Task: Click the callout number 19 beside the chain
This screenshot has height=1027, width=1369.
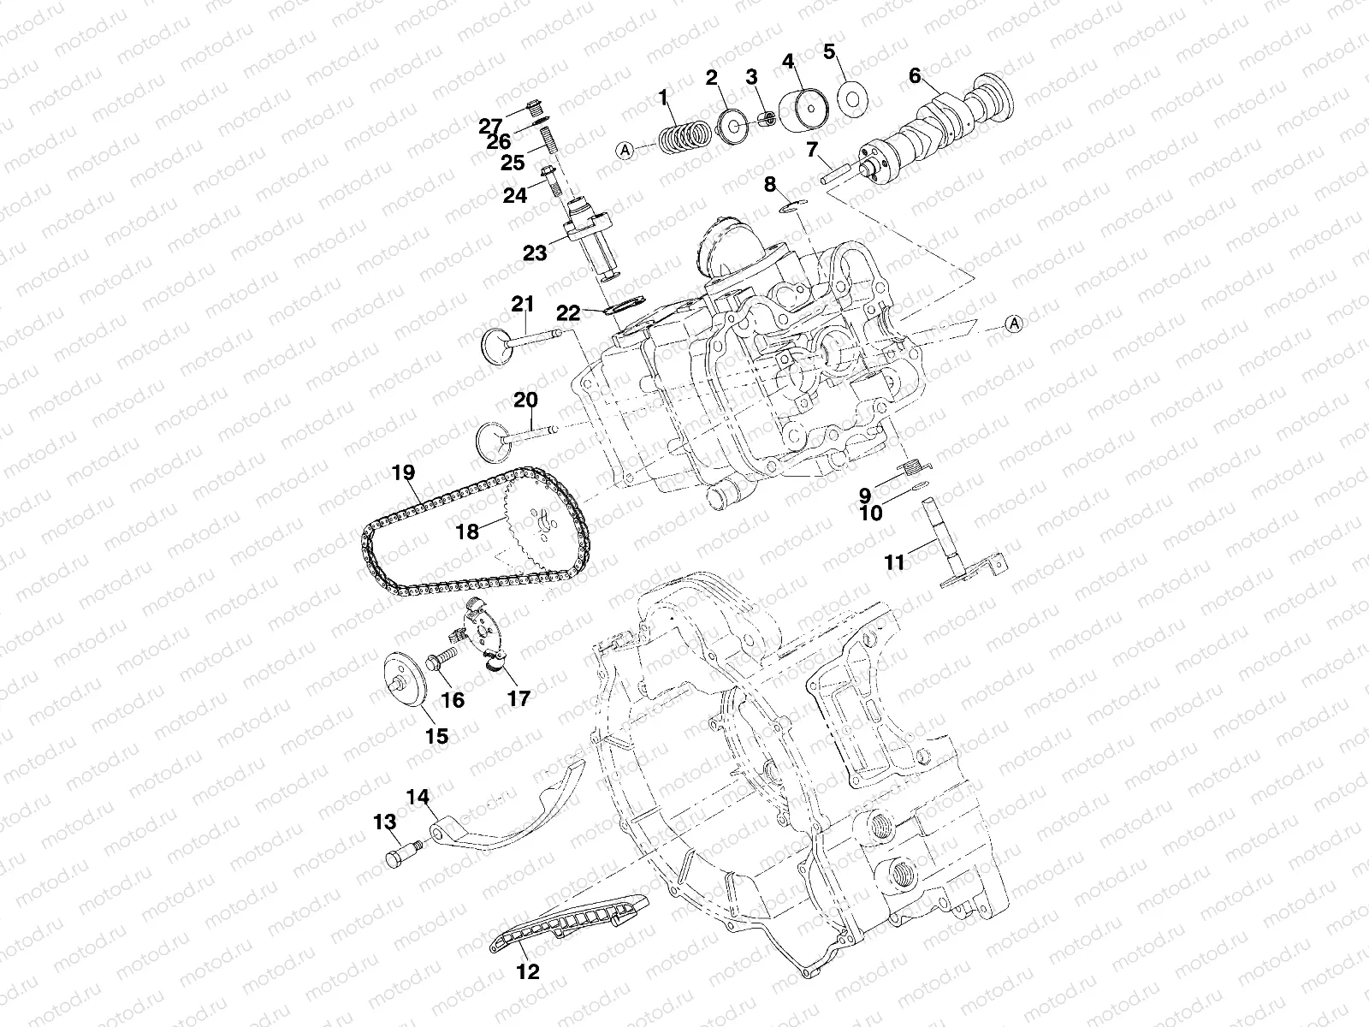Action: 404,472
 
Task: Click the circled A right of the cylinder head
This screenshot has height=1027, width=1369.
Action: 1014,323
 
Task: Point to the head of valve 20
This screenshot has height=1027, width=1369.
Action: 492,439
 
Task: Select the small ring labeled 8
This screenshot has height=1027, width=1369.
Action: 795,204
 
